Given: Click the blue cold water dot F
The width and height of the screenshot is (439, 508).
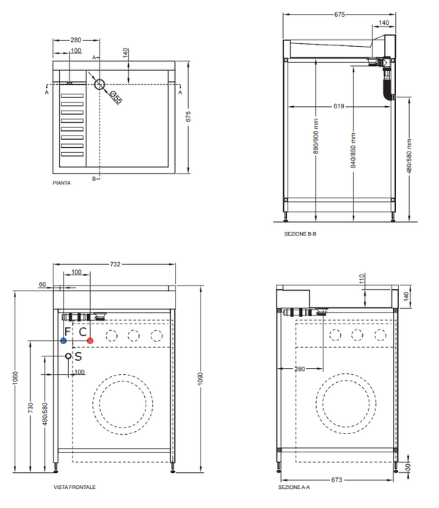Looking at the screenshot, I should coord(64,341).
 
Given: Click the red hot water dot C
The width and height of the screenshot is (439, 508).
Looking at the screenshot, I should coord(90,341).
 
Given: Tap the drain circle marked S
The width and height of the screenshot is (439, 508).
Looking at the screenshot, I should coord(69,356).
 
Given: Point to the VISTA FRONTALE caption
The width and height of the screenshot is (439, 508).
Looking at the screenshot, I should coord(74,487).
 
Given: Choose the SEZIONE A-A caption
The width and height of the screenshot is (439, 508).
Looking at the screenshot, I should coord(293,487).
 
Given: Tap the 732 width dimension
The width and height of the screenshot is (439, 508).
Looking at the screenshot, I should coord(116,264).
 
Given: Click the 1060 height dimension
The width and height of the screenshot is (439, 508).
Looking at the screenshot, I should coord(14,378).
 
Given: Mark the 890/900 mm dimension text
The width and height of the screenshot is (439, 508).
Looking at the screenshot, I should coord(316,137).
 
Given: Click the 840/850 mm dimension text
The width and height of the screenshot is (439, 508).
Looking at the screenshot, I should coord(353,151).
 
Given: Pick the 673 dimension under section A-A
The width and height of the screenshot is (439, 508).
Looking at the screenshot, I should coord(334,479).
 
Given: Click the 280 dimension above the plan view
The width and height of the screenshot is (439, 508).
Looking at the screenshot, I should coord(75,40).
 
